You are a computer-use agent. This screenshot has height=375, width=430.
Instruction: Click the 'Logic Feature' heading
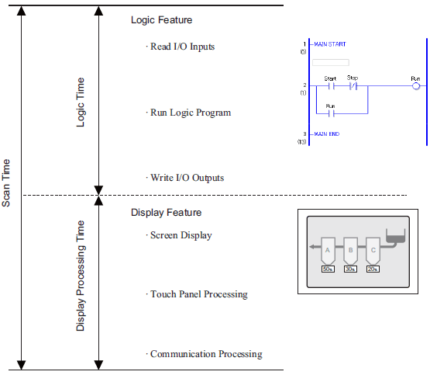tap(161, 20)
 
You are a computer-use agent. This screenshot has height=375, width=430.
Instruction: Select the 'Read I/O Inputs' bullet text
tap(182, 47)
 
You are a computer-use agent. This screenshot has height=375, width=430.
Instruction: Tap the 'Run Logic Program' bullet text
tap(191, 113)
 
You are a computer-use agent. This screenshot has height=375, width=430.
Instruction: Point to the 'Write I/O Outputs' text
tap(187, 178)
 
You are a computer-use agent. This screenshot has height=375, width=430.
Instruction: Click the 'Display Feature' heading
tap(166, 213)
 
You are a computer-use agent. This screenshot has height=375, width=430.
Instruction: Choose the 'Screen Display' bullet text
tap(181, 235)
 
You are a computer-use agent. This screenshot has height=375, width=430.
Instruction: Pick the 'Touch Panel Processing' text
tap(199, 294)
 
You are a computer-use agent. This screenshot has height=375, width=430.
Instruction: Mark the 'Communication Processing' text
tap(206, 354)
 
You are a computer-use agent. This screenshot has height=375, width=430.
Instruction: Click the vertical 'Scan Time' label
tap(5, 183)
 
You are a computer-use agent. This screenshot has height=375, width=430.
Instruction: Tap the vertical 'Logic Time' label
tap(81, 102)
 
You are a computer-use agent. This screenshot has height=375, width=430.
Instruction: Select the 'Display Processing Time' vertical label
tap(80, 276)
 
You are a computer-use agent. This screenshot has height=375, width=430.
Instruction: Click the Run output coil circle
tap(416, 86)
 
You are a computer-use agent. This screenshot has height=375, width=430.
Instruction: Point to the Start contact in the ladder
tap(332, 86)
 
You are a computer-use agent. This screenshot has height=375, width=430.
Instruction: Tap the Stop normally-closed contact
tap(353, 86)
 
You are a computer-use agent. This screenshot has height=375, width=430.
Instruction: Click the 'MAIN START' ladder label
tap(330, 44)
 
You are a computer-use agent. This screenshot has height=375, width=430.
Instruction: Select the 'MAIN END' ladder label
tap(327, 134)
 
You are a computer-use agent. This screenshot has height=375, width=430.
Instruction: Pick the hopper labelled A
tap(328, 251)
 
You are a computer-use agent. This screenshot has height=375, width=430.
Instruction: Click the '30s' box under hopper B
tap(350, 269)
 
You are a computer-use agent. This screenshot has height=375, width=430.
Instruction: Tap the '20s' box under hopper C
tap(373, 269)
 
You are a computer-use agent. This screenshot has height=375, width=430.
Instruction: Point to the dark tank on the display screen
tap(395, 236)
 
